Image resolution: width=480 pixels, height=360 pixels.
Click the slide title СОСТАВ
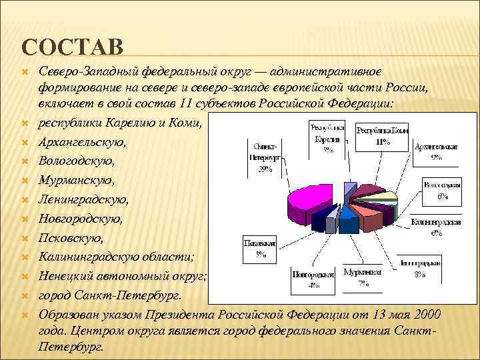point(73,47)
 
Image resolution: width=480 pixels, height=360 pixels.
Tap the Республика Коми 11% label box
point(383,136)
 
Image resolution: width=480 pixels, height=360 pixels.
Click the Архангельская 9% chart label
point(435,151)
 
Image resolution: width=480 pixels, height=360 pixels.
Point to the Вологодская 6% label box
point(442,189)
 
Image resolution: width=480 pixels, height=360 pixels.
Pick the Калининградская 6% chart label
point(437,227)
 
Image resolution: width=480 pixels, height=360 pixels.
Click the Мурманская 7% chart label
point(363,279)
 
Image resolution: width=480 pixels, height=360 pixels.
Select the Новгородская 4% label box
point(313,279)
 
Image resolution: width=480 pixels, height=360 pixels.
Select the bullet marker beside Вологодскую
point(24,161)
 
